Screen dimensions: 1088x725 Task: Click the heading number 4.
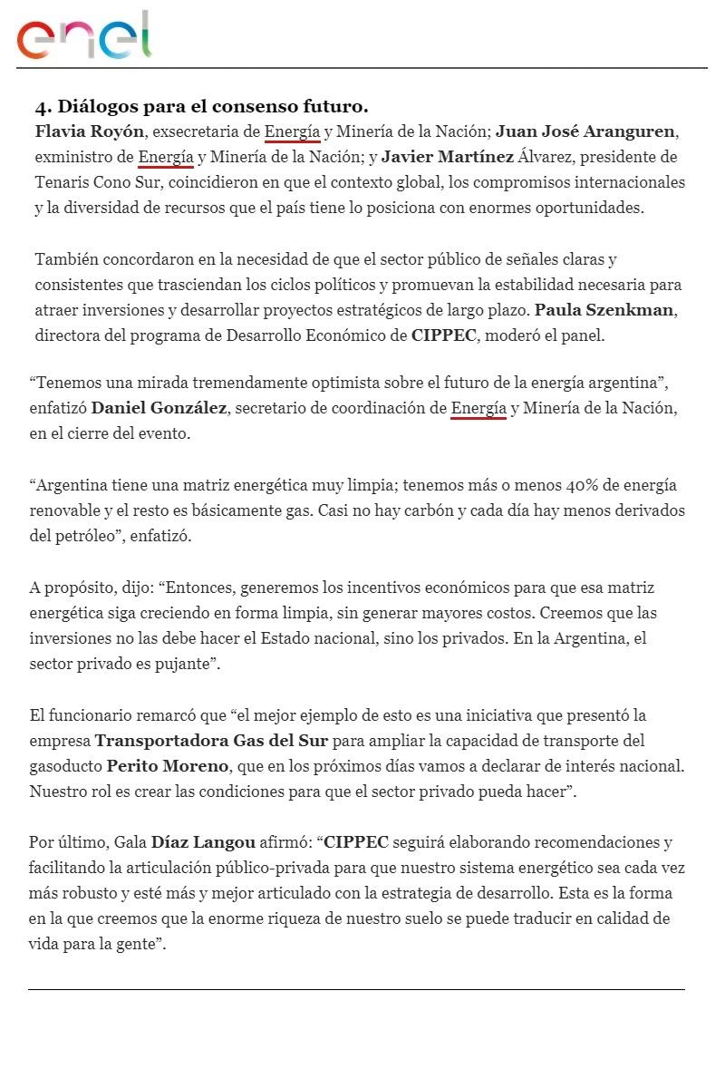point(42,107)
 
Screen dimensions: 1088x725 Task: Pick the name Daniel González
point(159,409)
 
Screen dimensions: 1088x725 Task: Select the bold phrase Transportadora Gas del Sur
point(211,741)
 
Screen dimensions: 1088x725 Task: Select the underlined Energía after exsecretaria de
point(292,132)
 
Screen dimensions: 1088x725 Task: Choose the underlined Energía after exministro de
point(166,158)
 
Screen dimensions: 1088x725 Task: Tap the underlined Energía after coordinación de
point(478,409)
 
